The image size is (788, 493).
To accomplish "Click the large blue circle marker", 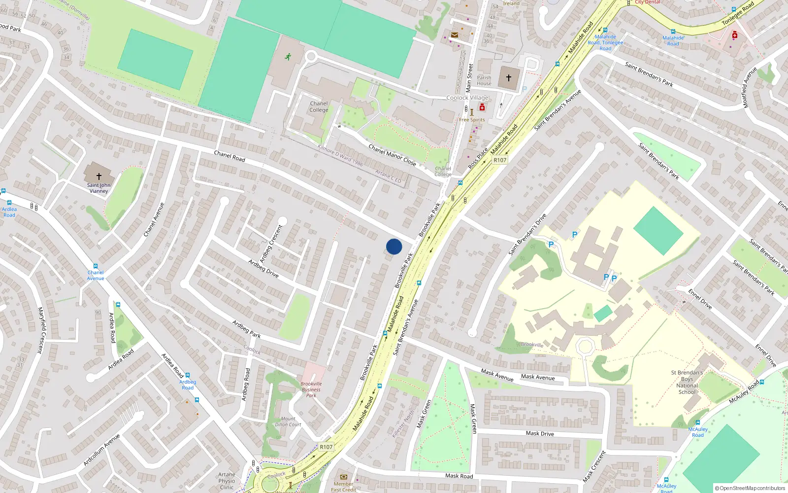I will (x=394, y=246).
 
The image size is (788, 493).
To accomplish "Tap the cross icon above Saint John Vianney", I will (x=98, y=176).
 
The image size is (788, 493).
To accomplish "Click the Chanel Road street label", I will (x=230, y=156).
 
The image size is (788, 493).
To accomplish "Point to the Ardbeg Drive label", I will (x=263, y=269).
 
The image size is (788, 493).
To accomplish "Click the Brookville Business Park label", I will (x=311, y=389).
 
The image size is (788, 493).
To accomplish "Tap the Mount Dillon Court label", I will (x=288, y=422).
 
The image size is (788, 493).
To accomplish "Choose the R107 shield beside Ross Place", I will (x=500, y=160).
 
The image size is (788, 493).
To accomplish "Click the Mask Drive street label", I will (x=540, y=433).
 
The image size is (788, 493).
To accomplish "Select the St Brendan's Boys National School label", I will (x=687, y=382).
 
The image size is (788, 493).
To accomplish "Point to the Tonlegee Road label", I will (x=738, y=13).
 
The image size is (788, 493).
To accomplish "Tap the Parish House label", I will (x=484, y=80).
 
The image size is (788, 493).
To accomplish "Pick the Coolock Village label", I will (x=467, y=98).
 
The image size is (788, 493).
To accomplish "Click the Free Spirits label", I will (x=472, y=120).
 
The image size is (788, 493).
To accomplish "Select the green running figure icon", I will (x=288, y=57).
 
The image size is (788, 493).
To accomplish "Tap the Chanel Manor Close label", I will (x=393, y=154).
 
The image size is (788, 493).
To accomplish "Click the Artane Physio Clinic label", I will (x=227, y=481).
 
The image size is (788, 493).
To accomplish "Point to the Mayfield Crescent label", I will (x=41, y=330).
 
